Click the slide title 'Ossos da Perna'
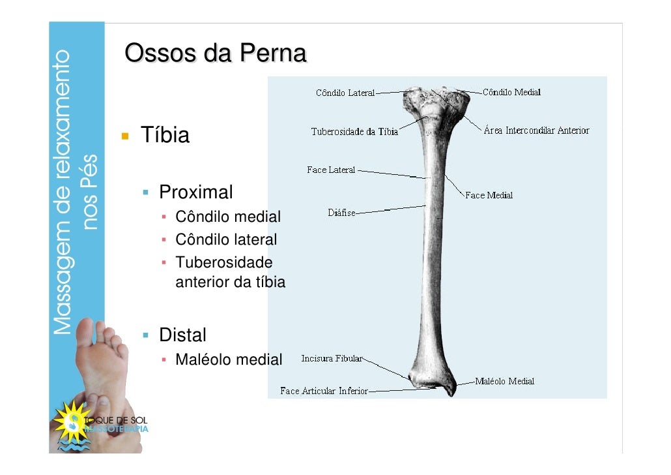pyautogui.click(x=215, y=54)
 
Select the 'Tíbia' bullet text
pyautogui.click(x=165, y=136)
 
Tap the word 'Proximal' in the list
pyautogui.click(x=195, y=192)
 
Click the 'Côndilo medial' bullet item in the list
pyautogui.click(x=228, y=217)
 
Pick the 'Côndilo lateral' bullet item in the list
pyautogui.click(x=226, y=239)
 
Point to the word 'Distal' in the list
pyautogui.click(x=182, y=335)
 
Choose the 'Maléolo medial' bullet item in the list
pyautogui.click(x=229, y=359)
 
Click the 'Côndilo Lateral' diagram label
pyautogui.click(x=345, y=93)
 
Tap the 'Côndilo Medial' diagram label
pyautogui.click(x=512, y=92)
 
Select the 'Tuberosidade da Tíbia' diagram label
pyautogui.click(x=354, y=132)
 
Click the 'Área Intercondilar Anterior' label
pyautogui.click(x=536, y=130)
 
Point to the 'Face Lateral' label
pyautogui.click(x=331, y=170)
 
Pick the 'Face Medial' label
pyautogui.click(x=489, y=195)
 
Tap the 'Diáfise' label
pyautogui.click(x=341, y=212)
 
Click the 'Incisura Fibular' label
pyautogui.click(x=331, y=358)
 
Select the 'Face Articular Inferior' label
pyautogui.click(x=324, y=391)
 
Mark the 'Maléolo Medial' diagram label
pyautogui.click(x=504, y=381)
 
